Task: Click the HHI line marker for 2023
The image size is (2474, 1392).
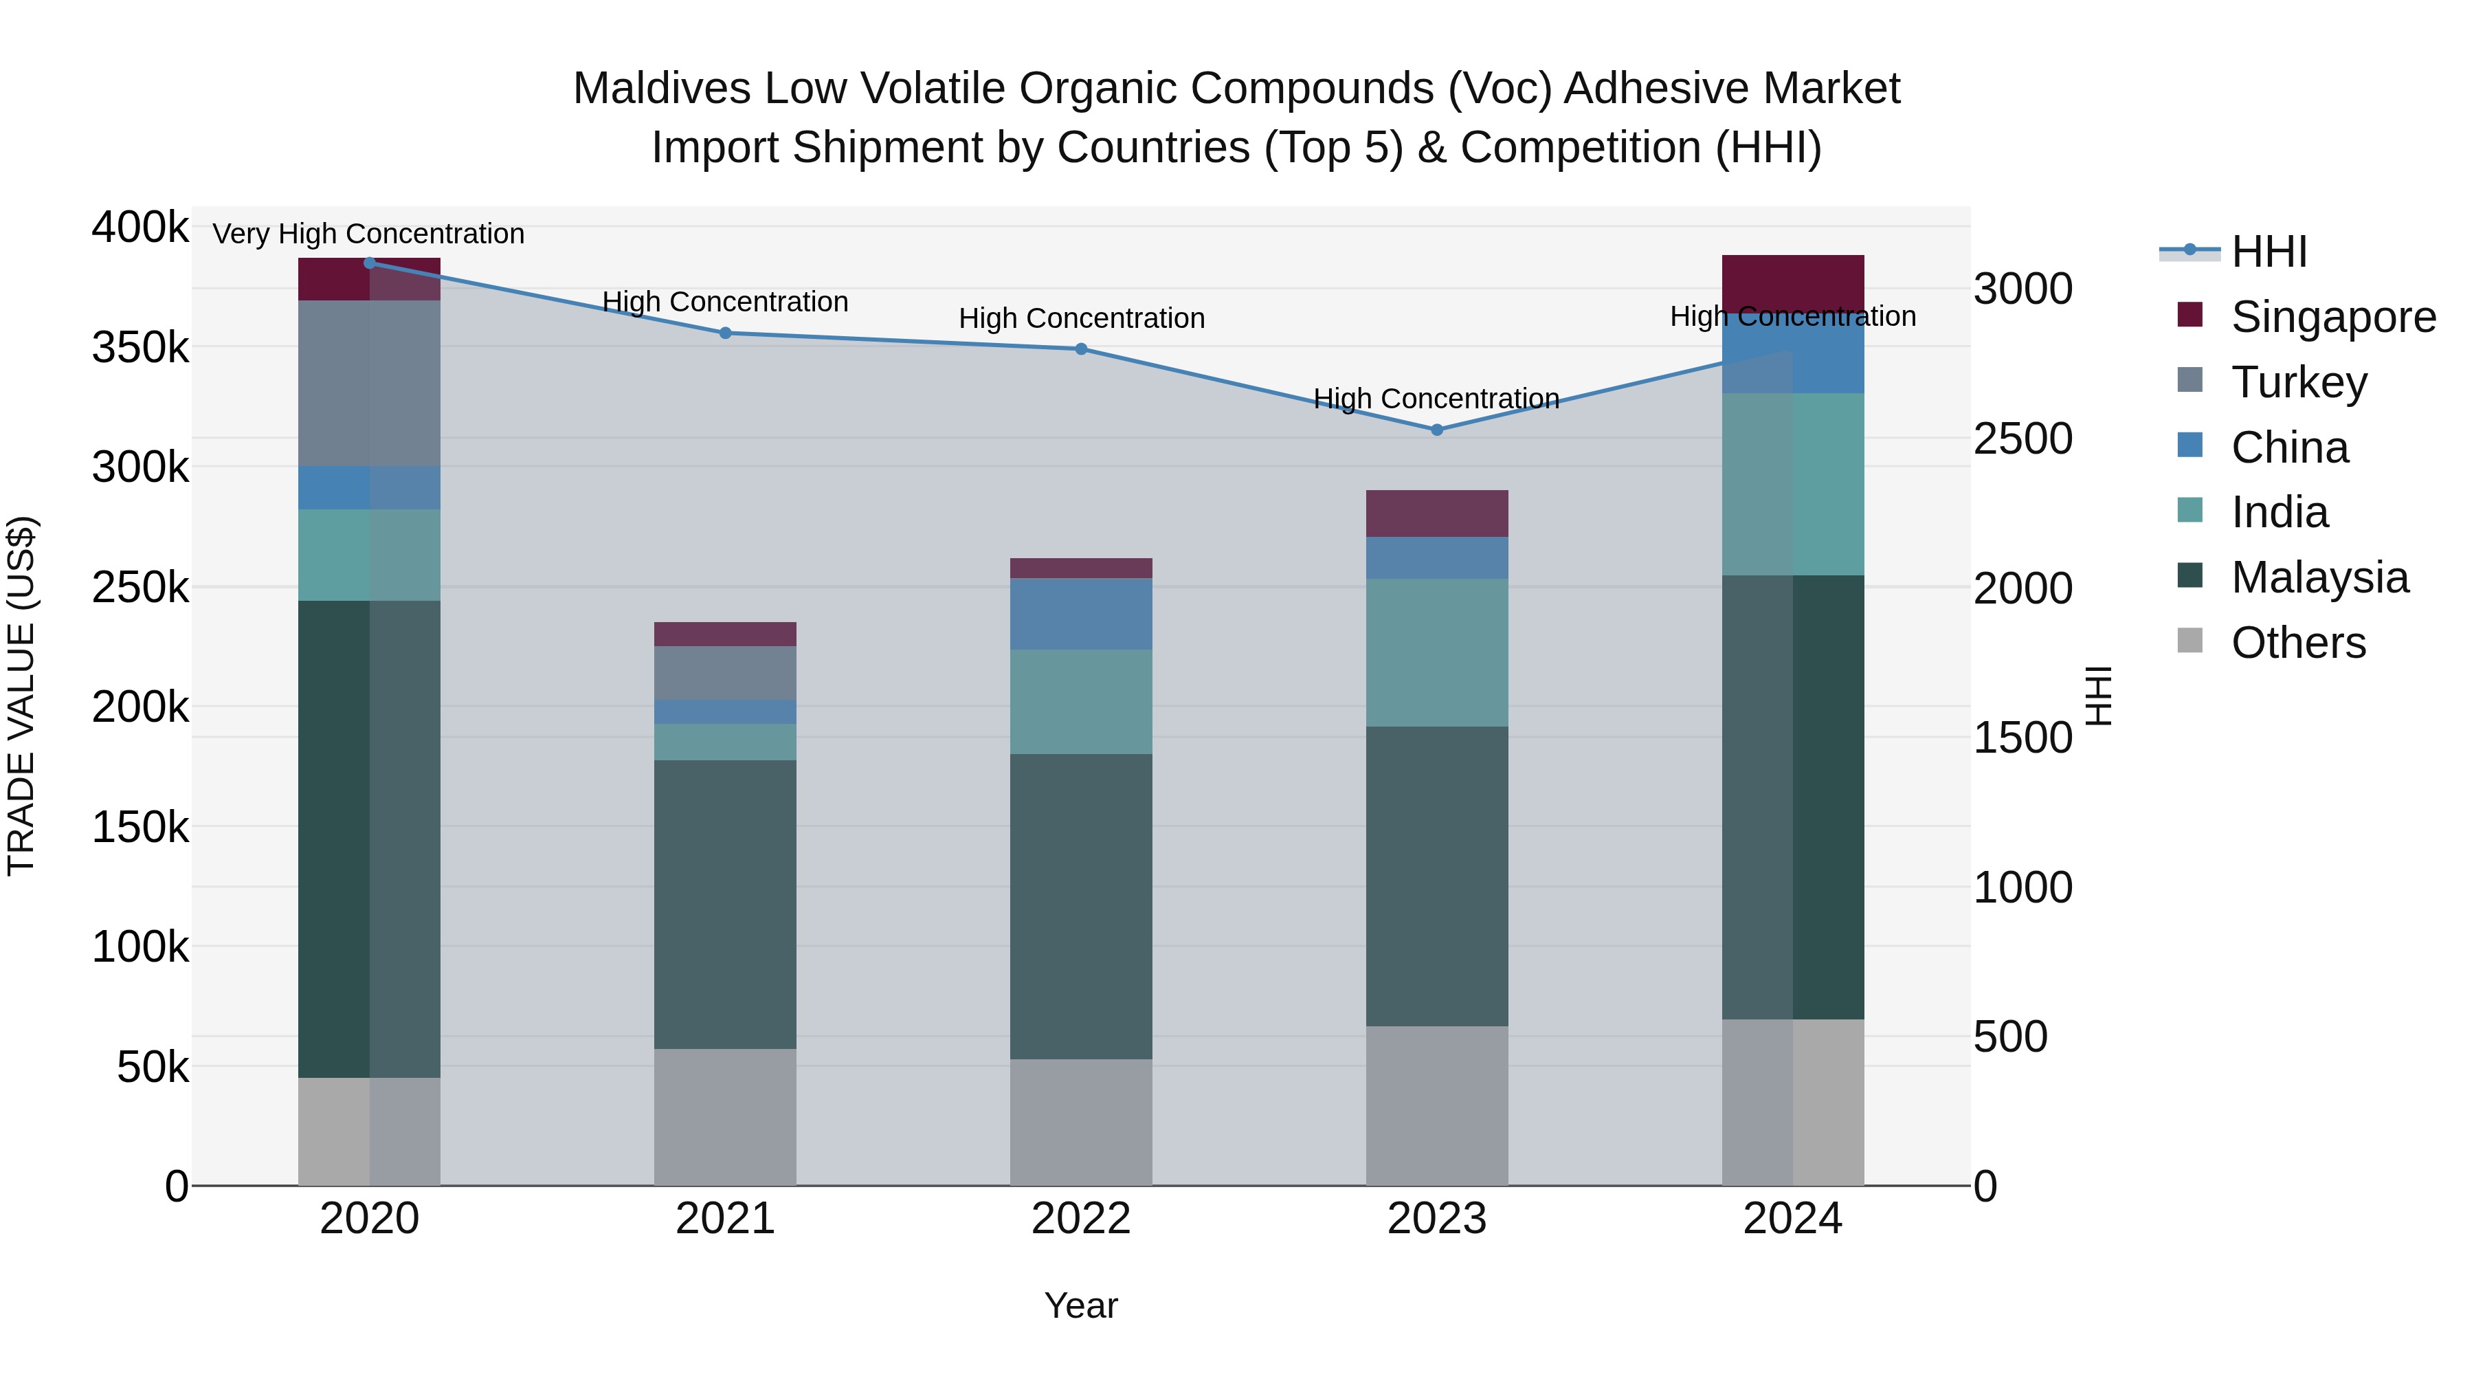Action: pos(1437,430)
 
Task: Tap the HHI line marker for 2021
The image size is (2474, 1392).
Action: pos(725,333)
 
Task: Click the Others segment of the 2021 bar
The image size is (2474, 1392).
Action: pos(725,1116)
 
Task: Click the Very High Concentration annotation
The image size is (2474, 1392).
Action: pos(369,234)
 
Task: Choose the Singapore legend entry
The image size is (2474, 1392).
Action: pos(2333,317)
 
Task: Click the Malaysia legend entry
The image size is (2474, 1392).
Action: pos(2319,577)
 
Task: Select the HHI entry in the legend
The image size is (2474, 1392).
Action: pos(2269,252)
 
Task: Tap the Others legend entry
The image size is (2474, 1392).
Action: pos(2298,643)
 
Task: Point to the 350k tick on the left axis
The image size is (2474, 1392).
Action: pos(140,347)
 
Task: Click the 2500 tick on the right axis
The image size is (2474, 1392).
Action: pos(2022,438)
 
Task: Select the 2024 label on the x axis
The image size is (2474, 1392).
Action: pos(1792,1219)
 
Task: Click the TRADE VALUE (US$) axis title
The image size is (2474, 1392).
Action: pos(21,696)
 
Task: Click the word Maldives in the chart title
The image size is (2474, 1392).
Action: pos(660,89)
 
